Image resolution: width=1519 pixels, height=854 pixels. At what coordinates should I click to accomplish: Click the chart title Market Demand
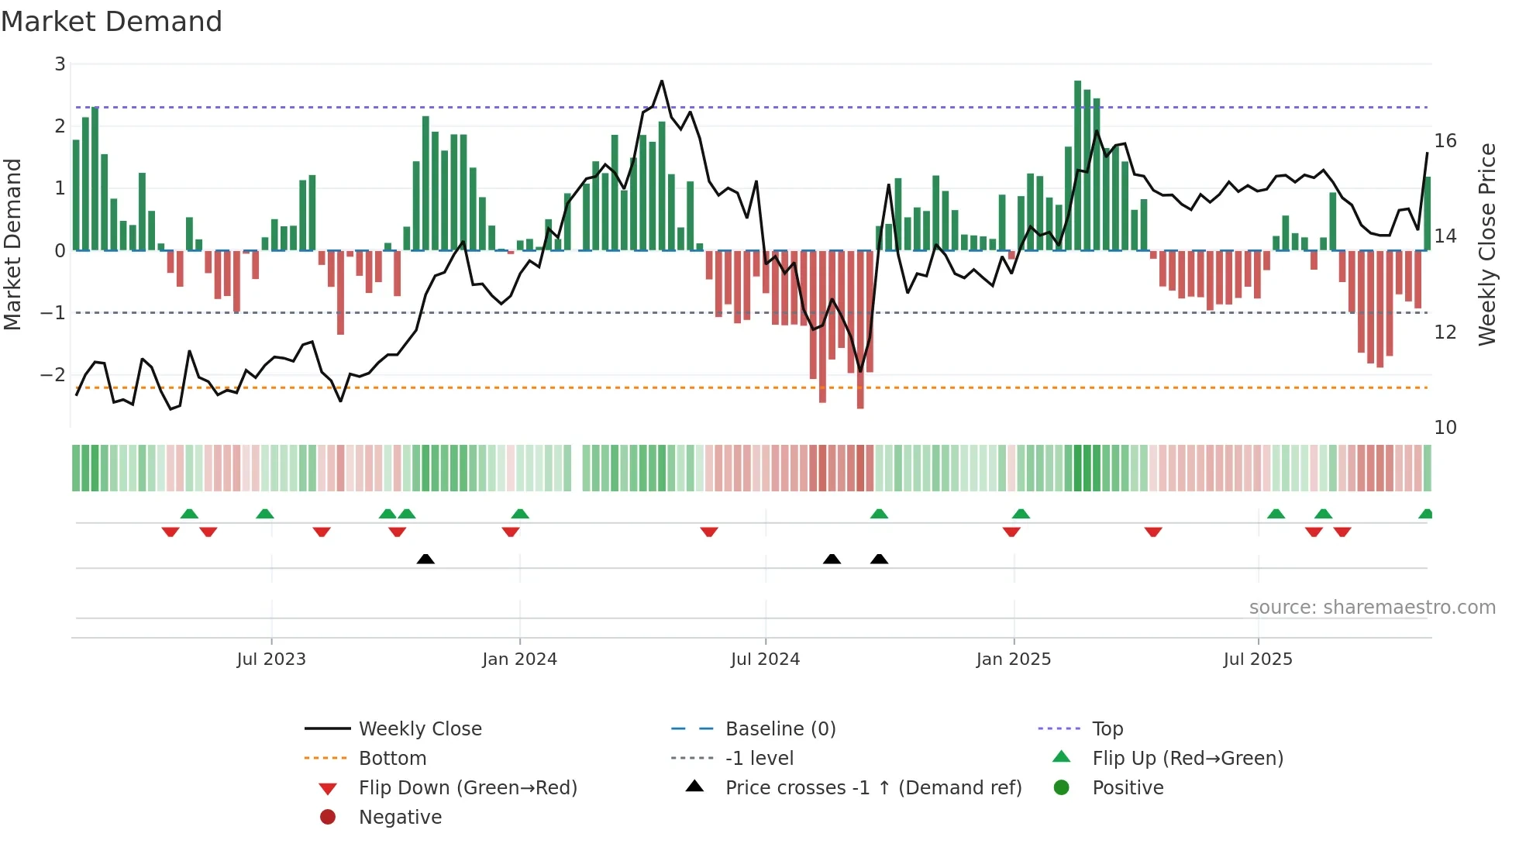(x=112, y=22)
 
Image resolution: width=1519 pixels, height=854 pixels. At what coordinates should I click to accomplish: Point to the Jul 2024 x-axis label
(x=765, y=659)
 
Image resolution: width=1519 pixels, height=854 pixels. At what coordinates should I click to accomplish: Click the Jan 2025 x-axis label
(x=1013, y=659)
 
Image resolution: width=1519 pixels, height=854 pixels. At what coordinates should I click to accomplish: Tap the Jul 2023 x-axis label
(x=271, y=659)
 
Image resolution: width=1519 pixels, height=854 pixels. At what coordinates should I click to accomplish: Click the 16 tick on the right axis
(x=1445, y=141)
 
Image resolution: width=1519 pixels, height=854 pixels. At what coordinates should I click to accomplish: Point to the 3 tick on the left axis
(x=60, y=64)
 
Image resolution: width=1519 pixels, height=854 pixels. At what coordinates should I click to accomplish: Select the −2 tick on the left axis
(x=53, y=374)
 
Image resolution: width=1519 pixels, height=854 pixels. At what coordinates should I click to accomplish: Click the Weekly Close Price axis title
(x=1486, y=244)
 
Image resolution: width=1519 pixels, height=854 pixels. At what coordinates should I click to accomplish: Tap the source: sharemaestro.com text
(x=1372, y=607)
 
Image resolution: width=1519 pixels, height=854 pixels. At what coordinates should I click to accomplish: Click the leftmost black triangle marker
(x=425, y=559)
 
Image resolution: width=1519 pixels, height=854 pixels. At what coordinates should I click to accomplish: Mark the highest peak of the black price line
(x=662, y=81)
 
